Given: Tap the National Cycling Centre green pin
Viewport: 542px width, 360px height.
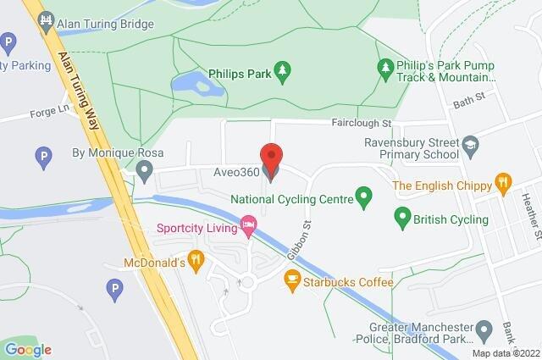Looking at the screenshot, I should [x=364, y=199].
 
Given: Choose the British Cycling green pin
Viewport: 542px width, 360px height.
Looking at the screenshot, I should [x=402, y=219].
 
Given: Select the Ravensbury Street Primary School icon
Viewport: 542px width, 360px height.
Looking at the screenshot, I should [x=468, y=148].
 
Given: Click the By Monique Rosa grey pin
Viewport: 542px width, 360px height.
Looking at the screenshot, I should [x=145, y=173].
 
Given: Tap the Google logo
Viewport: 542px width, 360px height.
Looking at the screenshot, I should [x=27, y=349].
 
